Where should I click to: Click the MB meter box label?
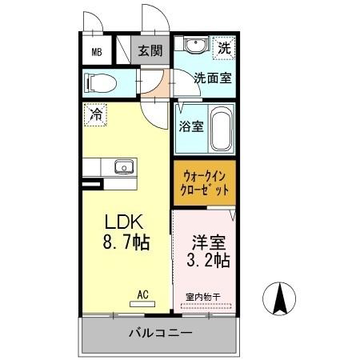click(97, 54)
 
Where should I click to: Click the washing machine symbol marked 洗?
click(226, 49)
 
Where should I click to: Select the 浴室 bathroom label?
click(190, 126)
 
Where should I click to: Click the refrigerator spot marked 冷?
click(95, 114)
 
